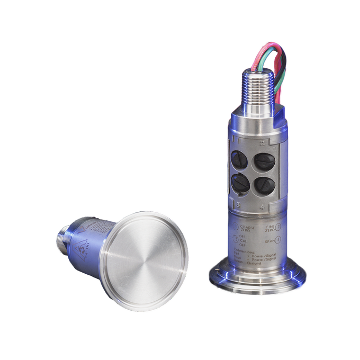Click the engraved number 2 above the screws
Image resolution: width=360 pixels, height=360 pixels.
262,142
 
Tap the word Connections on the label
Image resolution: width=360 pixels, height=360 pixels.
245,253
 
